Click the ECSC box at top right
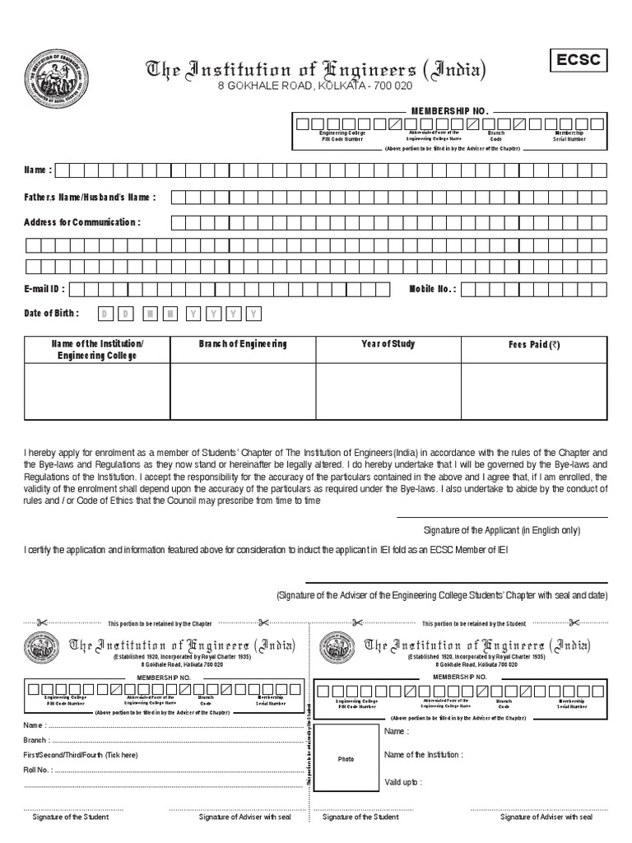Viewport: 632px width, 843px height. point(579,61)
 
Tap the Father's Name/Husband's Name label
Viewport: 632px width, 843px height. point(90,197)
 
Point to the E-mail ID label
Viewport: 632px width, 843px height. point(44,289)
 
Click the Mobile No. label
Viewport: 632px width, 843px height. point(432,289)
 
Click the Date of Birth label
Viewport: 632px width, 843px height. point(52,314)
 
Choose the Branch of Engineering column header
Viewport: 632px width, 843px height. point(242,344)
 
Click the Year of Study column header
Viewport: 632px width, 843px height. point(388,344)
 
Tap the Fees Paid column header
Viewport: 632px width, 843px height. point(533,345)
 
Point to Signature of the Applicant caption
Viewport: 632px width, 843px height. point(501,529)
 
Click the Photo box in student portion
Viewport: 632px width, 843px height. point(346,759)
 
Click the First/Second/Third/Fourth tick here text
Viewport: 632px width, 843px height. point(81,755)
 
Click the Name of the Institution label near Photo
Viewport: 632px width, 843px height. point(423,755)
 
